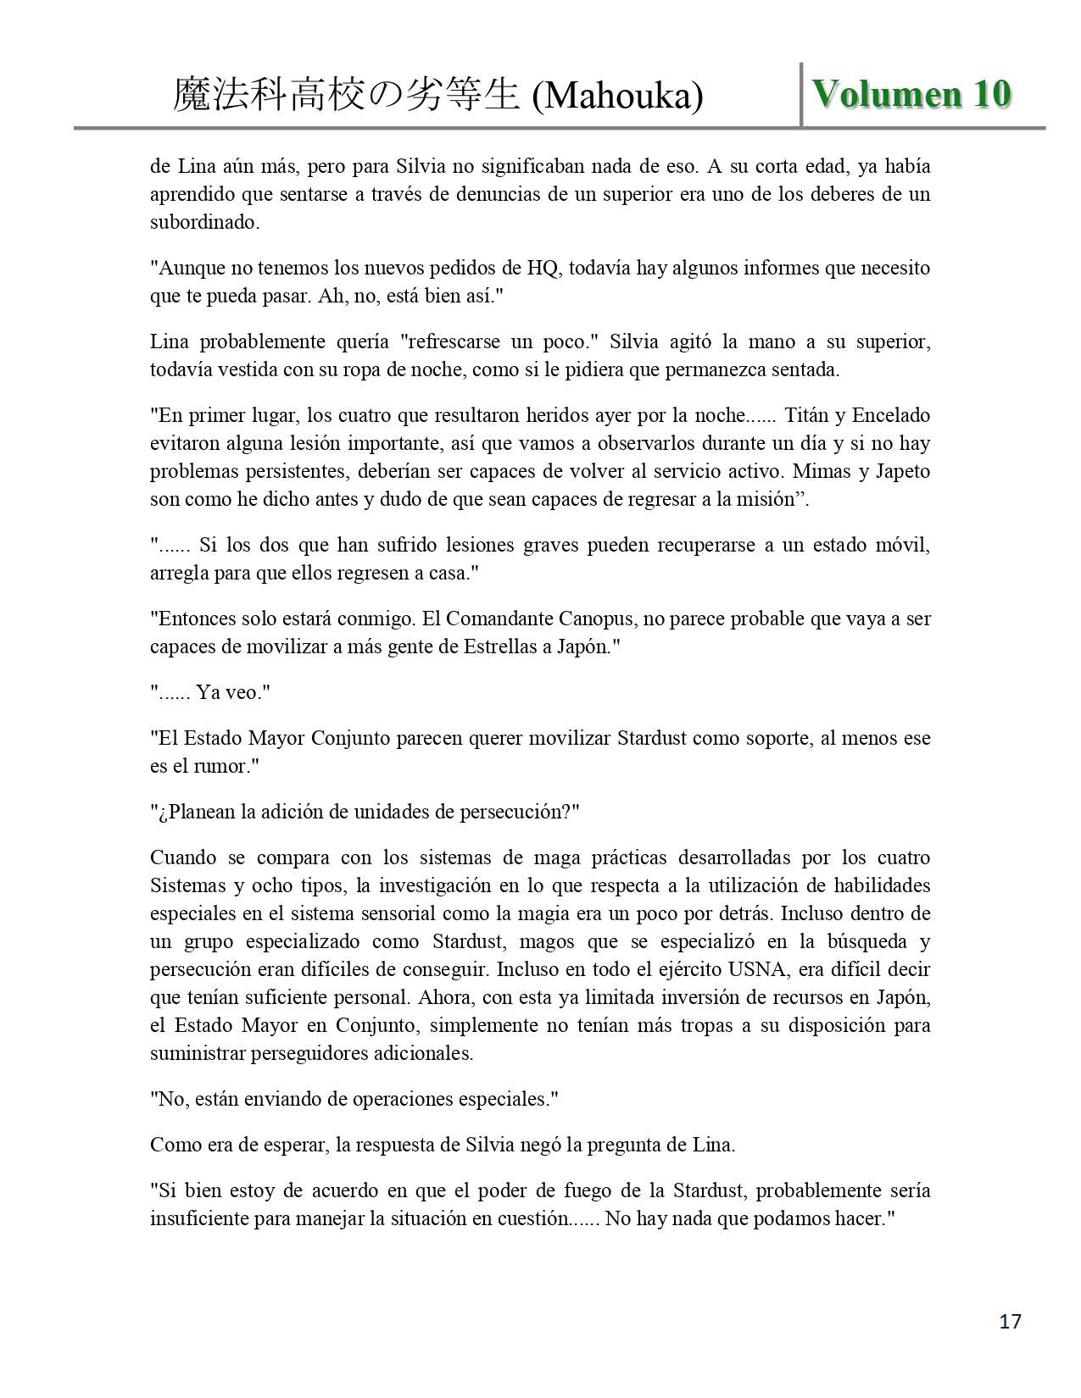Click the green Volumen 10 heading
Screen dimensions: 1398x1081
coord(912,95)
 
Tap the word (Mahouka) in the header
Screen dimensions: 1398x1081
coord(618,96)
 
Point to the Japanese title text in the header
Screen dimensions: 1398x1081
coord(345,96)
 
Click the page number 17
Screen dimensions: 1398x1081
coord(1011,1321)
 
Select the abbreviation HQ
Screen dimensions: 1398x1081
coord(543,269)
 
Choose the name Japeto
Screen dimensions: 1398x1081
coord(902,472)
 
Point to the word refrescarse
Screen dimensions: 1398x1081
coord(451,342)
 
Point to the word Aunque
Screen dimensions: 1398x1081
coord(187,269)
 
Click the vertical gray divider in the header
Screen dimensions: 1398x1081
coord(801,94)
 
